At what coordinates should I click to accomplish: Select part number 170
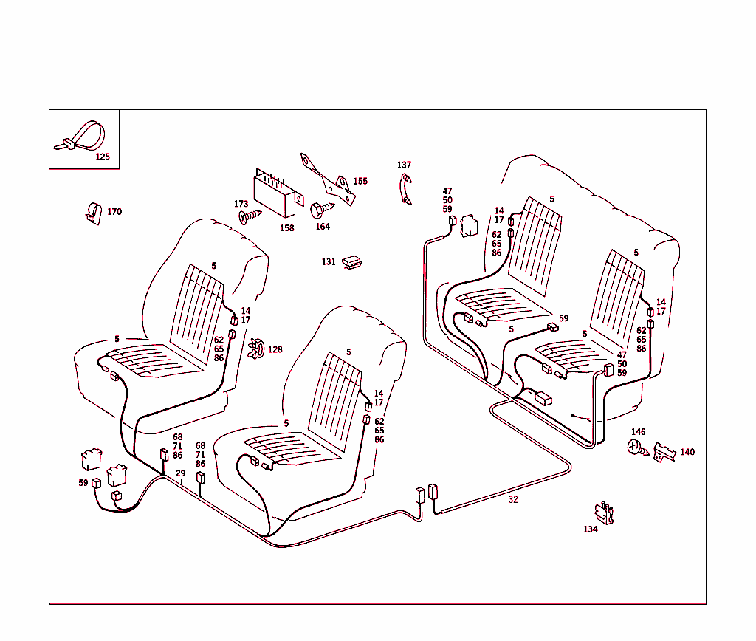point(92,213)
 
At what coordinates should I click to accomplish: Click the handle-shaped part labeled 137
point(405,188)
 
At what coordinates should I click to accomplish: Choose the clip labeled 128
point(257,349)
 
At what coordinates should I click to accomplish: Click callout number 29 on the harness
point(180,473)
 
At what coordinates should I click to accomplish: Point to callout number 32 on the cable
point(512,500)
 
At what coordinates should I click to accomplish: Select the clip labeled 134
point(604,513)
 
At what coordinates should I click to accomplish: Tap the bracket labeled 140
point(664,452)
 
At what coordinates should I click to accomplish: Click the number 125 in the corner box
point(102,157)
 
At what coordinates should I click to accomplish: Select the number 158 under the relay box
point(286,228)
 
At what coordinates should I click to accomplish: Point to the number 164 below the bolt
point(323,227)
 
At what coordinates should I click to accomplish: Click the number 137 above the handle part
point(404,165)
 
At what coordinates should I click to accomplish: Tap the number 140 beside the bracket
point(687,452)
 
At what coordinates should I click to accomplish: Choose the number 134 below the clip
point(590,529)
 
